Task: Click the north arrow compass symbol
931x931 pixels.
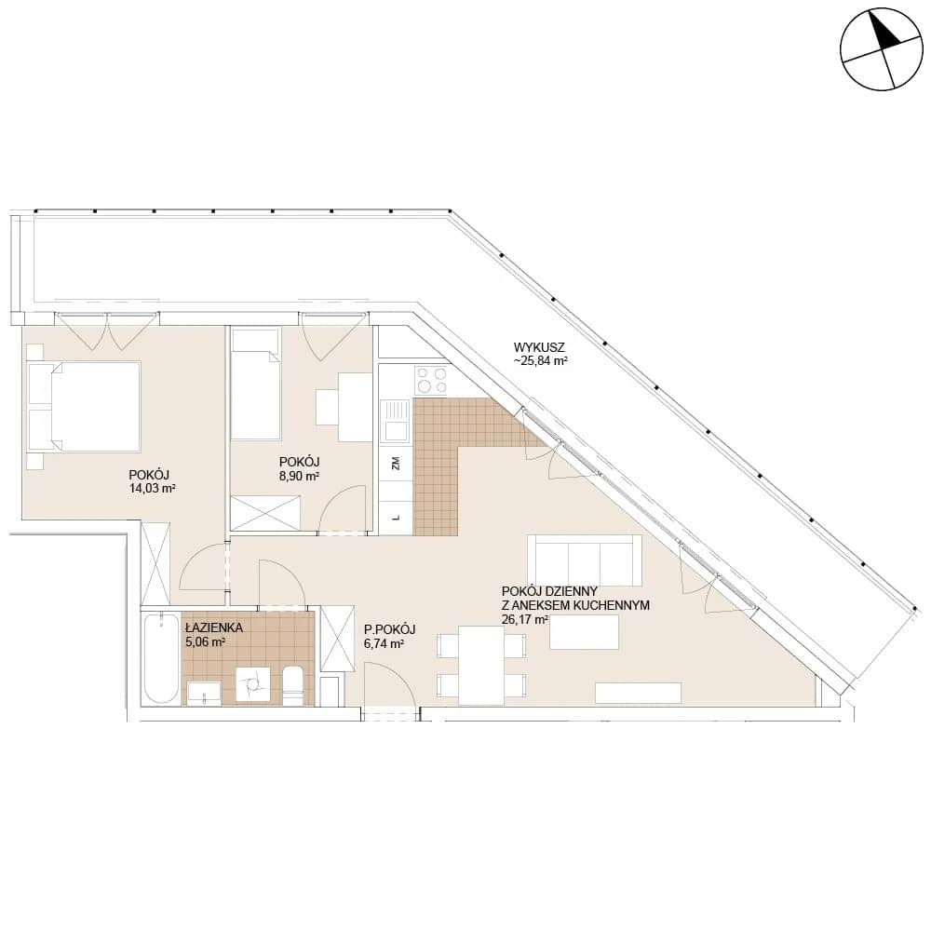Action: pos(882,49)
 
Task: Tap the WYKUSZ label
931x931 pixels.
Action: pos(539,347)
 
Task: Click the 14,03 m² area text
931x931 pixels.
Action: pos(152,489)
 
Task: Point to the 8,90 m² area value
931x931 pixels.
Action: pos(300,476)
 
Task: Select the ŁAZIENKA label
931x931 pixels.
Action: pos(214,627)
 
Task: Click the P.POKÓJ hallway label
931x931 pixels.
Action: pos(389,629)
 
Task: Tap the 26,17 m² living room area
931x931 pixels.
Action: pos(524,620)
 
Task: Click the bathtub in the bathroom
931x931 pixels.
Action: pos(161,659)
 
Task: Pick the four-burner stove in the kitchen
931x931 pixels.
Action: pos(432,381)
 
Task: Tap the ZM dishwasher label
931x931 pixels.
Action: pos(396,463)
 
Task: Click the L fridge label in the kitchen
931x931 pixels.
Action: pos(396,517)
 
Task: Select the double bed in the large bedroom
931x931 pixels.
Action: pos(85,407)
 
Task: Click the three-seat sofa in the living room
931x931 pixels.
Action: pos(585,560)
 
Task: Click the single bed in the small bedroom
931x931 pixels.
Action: pos(255,385)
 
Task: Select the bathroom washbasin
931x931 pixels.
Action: pos(204,694)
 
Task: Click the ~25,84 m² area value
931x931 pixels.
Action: pos(541,361)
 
